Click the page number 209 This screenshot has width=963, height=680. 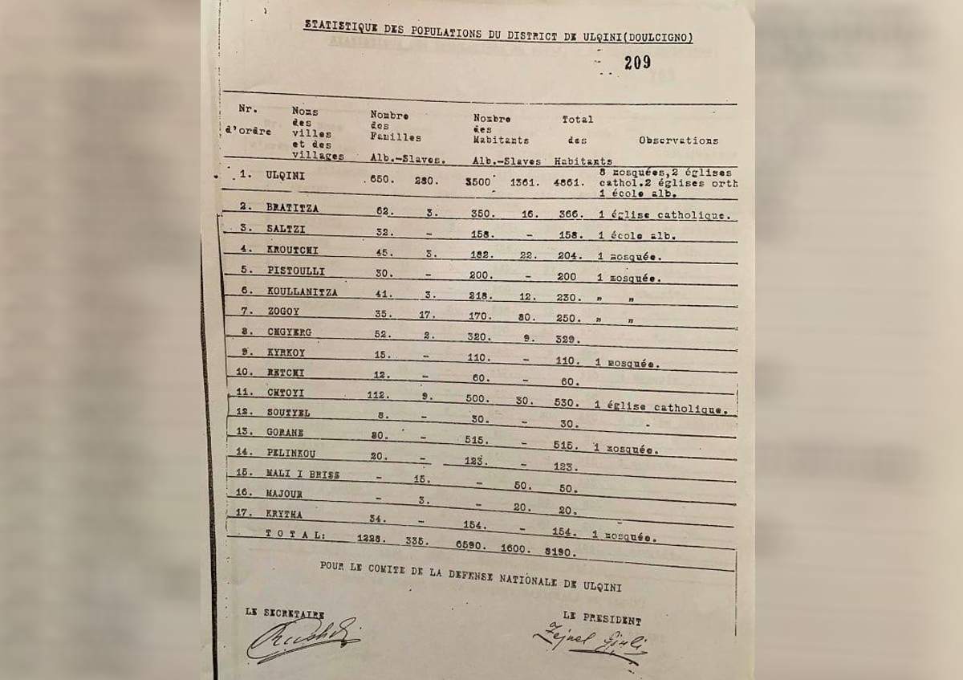(x=638, y=63)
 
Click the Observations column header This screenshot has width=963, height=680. (x=678, y=140)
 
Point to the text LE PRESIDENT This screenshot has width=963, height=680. (x=602, y=620)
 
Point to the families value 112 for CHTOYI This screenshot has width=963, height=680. (x=377, y=394)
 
